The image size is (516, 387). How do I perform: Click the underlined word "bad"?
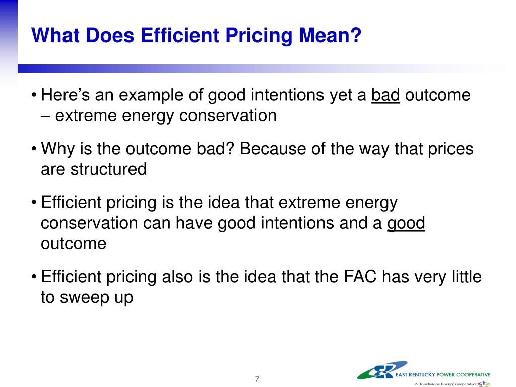click(x=385, y=95)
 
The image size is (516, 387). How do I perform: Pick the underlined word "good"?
click(x=406, y=223)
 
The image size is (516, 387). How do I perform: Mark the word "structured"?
click(x=108, y=169)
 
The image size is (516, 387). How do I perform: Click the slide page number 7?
click(x=257, y=379)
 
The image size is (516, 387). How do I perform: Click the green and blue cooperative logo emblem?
click(x=382, y=370)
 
